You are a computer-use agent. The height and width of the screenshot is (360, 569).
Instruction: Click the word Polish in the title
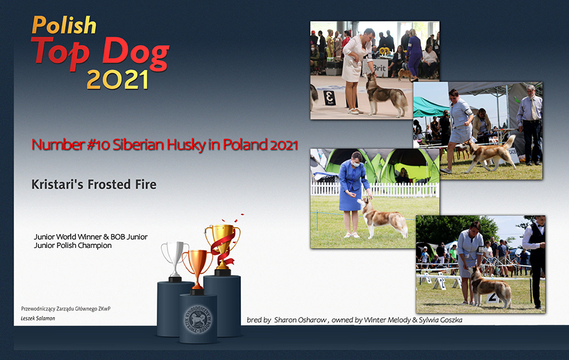click(x=64, y=25)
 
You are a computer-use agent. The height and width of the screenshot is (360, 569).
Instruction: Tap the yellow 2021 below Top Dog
click(x=118, y=80)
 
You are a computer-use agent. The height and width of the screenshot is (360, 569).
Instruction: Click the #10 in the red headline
click(x=98, y=145)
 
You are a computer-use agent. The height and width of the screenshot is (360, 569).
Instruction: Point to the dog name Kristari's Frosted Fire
click(x=94, y=185)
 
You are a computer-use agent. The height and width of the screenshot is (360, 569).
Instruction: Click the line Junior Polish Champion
click(x=73, y=245)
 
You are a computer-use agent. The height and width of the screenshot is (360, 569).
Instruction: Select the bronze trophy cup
click(x=197, y=271)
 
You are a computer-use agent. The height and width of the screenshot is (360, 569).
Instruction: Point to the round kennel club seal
click(x=198, y=320)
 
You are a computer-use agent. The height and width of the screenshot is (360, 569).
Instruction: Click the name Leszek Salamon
click(x=38, y=319)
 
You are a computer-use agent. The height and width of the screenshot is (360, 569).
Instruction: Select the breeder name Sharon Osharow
click(x=300, y=320)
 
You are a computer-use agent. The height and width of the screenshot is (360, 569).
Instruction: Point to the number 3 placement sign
click(x=329, y=97)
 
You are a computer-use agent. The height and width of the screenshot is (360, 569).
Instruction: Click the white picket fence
click(x=374, y=190)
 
